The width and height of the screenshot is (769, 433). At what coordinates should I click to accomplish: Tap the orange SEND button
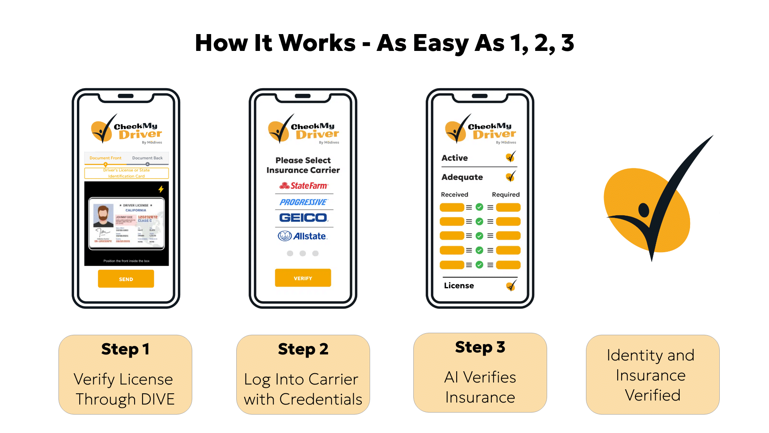[x=126, y=279]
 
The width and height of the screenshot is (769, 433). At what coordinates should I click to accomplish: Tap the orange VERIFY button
[x=303, y=278]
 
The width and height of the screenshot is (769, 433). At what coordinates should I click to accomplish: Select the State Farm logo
[x=304, y=186]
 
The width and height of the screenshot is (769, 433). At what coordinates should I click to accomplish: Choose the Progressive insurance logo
[x=303, y=202]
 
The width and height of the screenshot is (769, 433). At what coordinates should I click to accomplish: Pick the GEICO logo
[x=303, y=218]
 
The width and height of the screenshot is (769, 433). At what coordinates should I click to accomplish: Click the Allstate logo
[x=303, y=236]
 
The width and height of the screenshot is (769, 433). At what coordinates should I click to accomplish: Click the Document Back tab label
[x=147, y=158]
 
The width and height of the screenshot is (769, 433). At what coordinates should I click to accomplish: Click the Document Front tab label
[x=105, y=158]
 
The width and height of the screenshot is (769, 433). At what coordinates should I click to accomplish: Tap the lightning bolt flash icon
[x=161, y=189]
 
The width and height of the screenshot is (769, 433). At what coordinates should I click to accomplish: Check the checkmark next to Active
[x=511, y=157]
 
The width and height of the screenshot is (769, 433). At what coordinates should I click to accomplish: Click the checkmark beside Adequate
[x=511, y=176]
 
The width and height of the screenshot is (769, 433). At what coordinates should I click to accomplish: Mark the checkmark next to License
[x=511, y=285]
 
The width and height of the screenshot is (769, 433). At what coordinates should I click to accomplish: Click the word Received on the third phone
[x=454, y=194]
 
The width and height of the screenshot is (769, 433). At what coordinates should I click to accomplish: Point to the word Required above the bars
[x=505, y=194]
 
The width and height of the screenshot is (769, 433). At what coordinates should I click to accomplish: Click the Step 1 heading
[x=125, y=349]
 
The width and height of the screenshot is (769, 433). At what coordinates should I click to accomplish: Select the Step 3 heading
[x=480, y=347]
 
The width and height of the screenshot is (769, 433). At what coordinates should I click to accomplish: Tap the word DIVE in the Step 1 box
[x=158, y=399]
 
